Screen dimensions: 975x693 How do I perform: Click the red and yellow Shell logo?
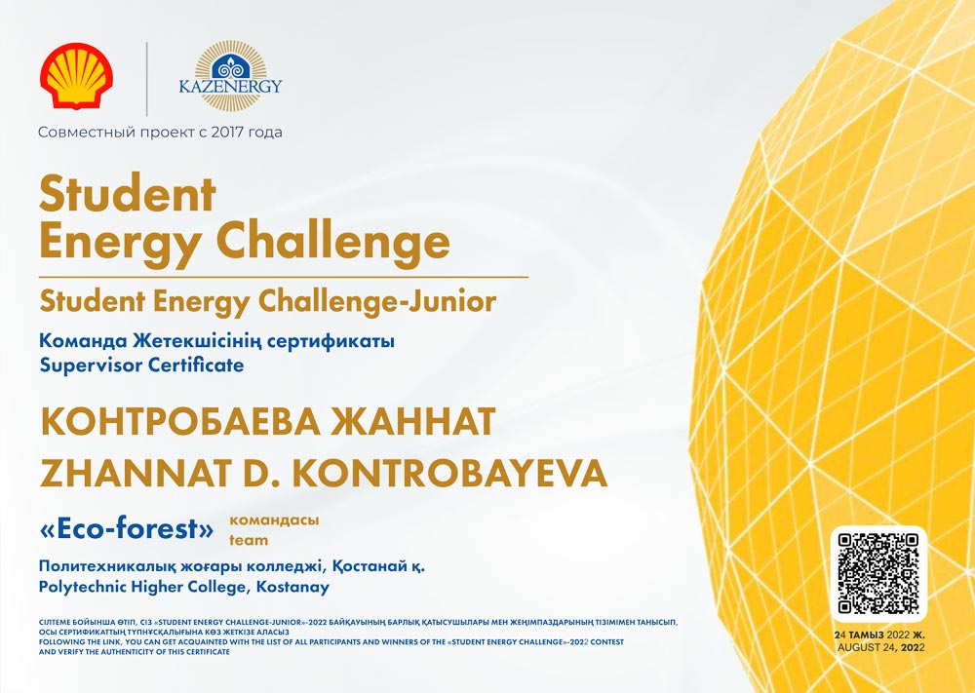tap(76, 76)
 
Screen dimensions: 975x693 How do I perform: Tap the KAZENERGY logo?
tap(231, 76)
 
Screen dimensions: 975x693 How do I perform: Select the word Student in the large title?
tap(128, 194)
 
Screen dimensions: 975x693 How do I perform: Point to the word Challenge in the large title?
tap(332, 244)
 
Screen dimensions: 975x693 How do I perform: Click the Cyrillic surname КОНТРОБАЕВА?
tap(180, 422)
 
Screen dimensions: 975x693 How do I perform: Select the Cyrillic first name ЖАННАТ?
tap(412, 422)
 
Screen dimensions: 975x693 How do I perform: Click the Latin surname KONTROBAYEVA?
tap(449, 474)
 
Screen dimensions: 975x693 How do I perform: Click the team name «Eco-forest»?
tap(126, 529)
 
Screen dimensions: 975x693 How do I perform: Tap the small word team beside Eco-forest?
tap(249, 540)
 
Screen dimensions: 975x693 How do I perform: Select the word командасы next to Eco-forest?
tap(274, 520)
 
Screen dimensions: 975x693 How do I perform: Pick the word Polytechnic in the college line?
tap(78, 588)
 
